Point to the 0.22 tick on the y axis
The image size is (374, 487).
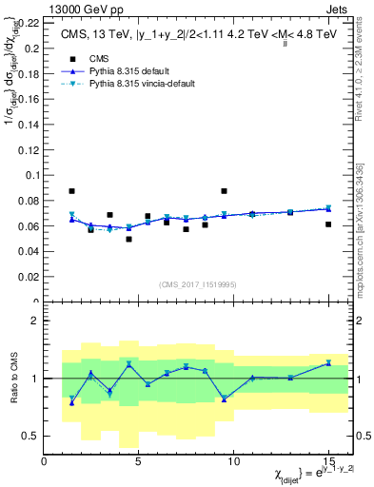point(28,22)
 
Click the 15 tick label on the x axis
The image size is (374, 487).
point(328,462)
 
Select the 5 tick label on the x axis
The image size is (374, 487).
point(138,462)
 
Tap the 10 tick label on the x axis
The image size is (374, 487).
point(233,462)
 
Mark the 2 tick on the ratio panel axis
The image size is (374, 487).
point(34,321)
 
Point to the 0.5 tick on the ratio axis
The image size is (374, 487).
point(30,436)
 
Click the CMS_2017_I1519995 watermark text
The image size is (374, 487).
point(197,282)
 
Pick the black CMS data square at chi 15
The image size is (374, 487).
point(328,224)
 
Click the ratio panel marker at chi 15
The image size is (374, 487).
point(328,362)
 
